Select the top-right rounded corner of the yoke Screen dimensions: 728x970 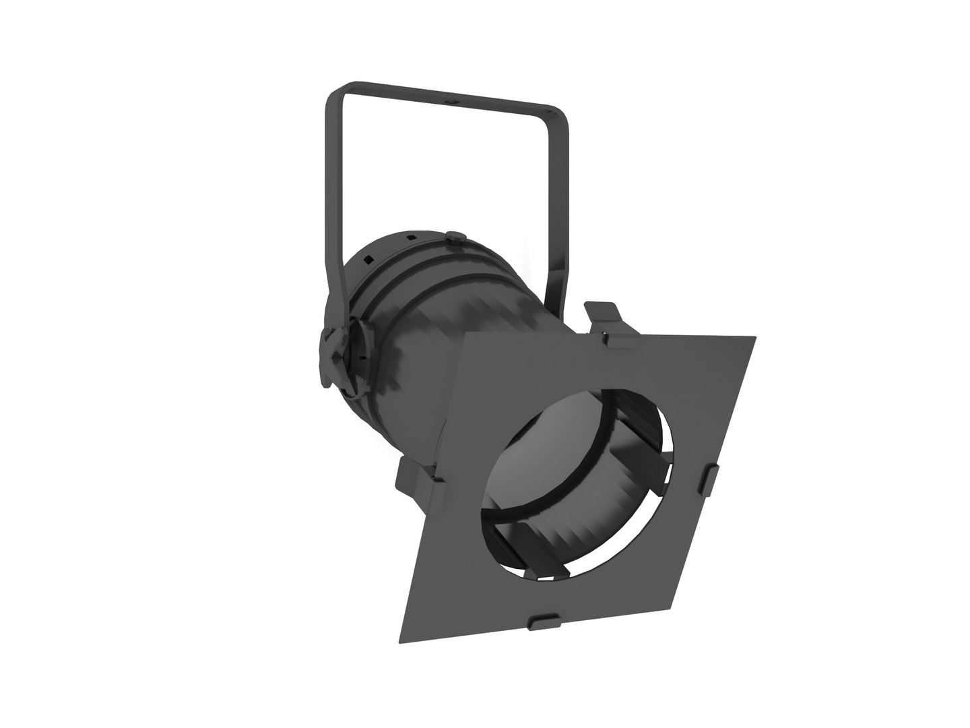point(560,115)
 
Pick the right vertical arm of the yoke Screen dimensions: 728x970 point(562,202)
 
